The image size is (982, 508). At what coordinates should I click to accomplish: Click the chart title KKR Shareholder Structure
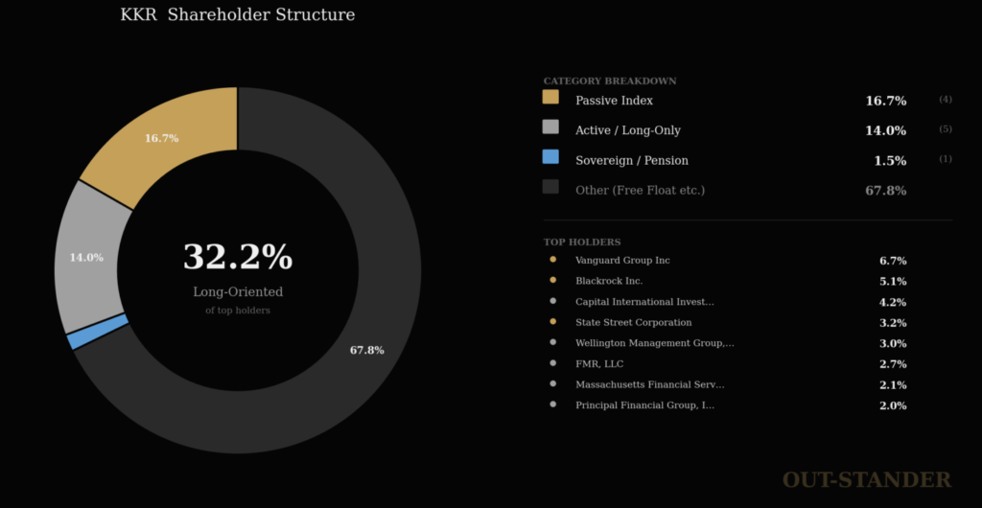(237, 15)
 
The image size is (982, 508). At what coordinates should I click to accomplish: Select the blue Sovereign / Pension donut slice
(98, 331)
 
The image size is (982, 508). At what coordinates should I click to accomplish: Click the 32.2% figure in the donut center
(237, 257)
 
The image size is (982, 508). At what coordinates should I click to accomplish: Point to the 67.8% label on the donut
(366, 351)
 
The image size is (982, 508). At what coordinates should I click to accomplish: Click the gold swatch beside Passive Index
(550, 97)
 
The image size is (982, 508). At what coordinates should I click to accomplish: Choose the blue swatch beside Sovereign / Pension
(550, 156)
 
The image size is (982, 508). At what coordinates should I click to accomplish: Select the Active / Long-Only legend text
(628, 130)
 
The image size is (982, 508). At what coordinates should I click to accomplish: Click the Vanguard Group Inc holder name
(622, 261)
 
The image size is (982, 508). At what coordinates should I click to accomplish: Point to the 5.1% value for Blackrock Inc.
(893, 282)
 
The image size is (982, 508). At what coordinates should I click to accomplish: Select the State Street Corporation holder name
(633, 323)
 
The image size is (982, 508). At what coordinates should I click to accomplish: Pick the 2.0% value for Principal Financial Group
(893, 405)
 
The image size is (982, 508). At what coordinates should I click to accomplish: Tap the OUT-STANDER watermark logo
(866, 480)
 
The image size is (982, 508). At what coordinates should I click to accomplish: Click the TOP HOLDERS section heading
(582, 242)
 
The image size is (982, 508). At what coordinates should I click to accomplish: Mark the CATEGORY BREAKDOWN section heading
(610, 81)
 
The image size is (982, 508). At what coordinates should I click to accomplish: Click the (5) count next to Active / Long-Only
(945, 129)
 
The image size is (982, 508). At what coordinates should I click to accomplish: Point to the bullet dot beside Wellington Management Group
(553, 343)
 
